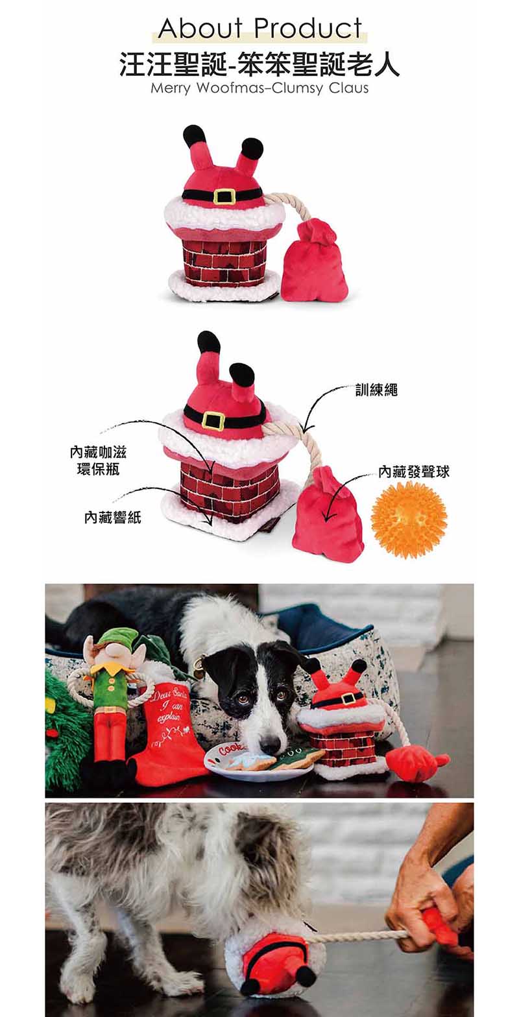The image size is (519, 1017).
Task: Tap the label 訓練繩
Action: click(376, 390)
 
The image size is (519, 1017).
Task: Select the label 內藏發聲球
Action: click(414, 472)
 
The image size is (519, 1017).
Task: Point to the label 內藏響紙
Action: click(113, 517)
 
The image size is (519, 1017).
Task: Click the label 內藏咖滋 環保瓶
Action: click(98, 461)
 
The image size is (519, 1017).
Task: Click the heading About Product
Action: click(260, 28)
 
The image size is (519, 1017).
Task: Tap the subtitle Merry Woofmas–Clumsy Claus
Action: click(259, 87)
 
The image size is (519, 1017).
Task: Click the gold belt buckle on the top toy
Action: click(223, 196)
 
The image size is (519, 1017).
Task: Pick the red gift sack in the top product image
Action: click(314, 259)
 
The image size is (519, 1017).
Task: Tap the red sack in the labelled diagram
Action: click(328, 515)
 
